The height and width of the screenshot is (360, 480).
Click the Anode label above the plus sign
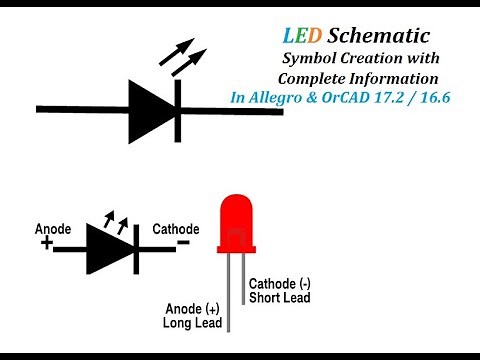pos(53,229)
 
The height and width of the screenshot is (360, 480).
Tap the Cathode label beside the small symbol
pos(176,229)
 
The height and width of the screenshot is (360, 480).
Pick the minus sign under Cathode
pos(183,243)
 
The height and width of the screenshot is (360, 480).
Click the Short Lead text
pos(280,297)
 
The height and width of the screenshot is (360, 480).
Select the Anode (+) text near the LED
pos(192,308)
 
